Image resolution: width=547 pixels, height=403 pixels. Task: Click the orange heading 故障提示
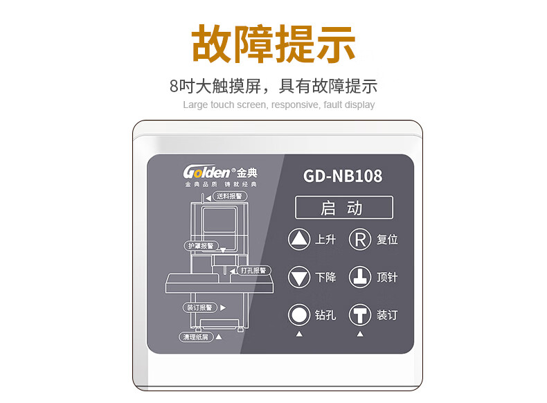[273, 44]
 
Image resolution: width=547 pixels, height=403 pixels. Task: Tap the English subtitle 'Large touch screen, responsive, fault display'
[278, 105]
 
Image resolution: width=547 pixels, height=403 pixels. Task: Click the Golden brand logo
[219, 172]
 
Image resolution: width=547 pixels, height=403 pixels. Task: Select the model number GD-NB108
[343, 176]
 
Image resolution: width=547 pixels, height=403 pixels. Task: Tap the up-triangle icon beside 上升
[299, 240]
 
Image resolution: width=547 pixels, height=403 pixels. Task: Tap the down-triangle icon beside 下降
[299, 278]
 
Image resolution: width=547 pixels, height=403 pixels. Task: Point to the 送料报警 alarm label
[229, 197]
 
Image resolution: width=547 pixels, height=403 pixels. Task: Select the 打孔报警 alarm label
[253, 270]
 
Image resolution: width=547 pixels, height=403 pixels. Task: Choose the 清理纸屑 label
[195, 337]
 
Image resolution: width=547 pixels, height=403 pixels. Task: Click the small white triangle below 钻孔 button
[299, 334]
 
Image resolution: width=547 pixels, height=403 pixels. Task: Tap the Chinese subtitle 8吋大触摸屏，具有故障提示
[273, 87]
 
